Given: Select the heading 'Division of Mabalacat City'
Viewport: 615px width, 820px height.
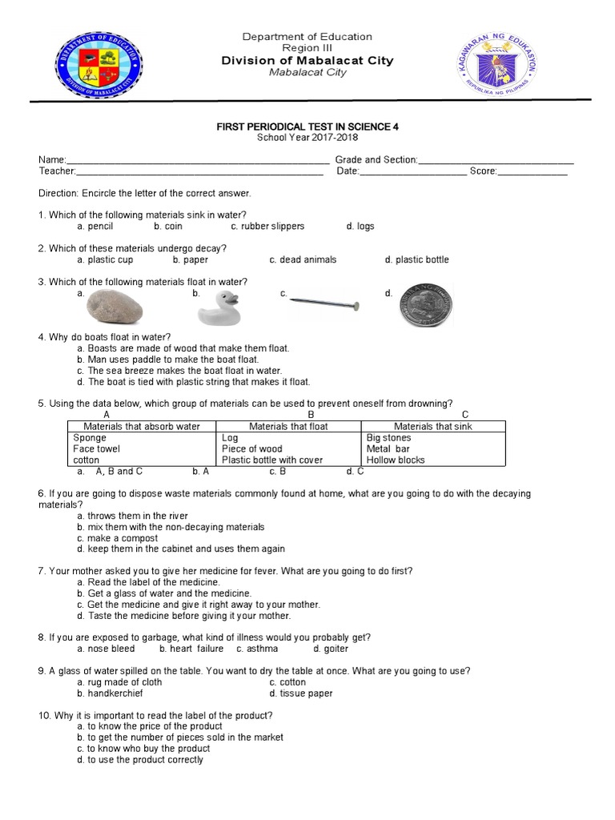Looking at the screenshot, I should [x=307, y=61].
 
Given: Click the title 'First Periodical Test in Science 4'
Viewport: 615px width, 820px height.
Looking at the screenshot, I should [x=307, y=127].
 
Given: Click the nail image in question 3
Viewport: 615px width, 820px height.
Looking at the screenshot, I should [x=324, y=303].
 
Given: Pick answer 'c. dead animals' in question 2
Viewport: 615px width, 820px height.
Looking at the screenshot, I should [x=303, y=259].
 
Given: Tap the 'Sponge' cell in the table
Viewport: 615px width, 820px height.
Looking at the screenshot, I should [x=90, y=438].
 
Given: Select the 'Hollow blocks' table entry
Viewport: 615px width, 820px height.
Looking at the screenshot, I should [x=396, y=460].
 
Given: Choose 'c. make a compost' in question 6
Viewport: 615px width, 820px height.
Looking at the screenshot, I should [x=118, y=538].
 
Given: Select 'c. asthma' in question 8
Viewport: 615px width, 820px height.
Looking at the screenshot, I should [x=257, y=649].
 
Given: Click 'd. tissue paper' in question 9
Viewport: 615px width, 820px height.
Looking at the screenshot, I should [x=301, y=693].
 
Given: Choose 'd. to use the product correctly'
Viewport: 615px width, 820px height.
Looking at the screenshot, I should [x=140, y=760].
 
